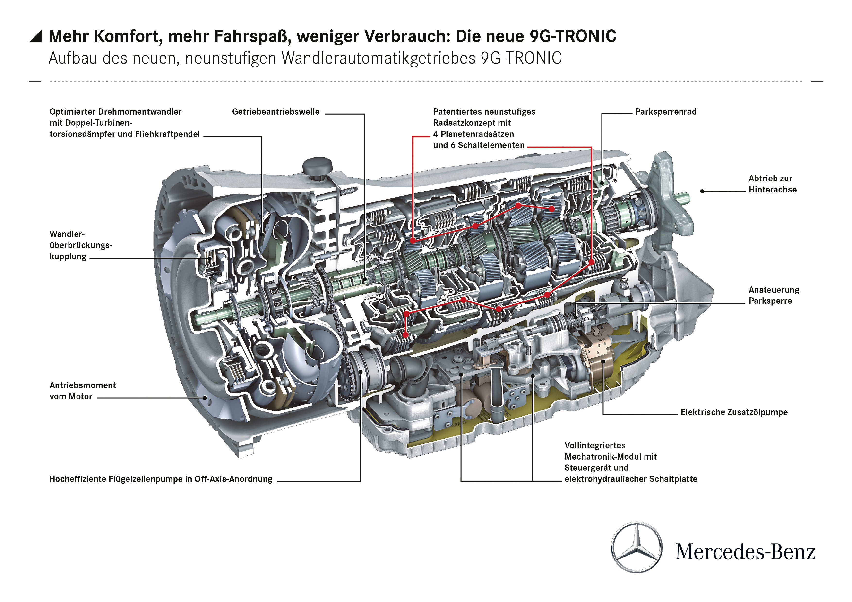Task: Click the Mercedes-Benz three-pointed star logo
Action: [x=637, y=548]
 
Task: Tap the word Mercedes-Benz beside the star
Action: [x=745, y=552]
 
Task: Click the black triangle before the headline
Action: [x=36, y=36]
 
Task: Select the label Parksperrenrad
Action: [x=666, y=112]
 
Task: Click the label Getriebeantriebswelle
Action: [x=276, y=112]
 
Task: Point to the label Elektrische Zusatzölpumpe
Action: [x=734, y=412]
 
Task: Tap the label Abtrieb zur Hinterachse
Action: [x=772, y=184]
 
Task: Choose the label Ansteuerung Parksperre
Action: [x=774, y=295]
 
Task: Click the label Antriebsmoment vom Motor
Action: [x=82, y=391]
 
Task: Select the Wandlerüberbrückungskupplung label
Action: [x=80, y=245]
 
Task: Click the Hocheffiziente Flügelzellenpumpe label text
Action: [x=161, y=479]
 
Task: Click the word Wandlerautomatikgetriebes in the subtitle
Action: [x=379, y=59]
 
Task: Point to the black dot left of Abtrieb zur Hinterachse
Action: [x=702, y=191]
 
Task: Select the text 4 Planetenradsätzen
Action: [x=473, y=134]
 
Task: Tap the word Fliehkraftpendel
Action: [x=167, y=134]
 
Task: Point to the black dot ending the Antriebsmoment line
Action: [x=205, y=398]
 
